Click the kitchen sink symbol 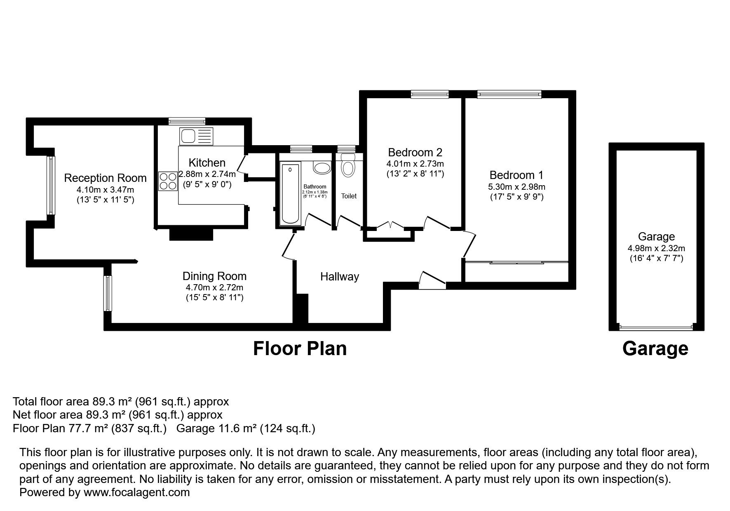click(196, 136)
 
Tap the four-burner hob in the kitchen click(168, 181)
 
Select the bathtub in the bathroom click(290, 193)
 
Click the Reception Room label click(105, 178)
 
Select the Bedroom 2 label click(415, 152)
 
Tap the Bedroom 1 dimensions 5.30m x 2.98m click(516, 187)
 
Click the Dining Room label click(214, 276)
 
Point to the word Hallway click(340, 277)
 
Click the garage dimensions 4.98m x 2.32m click(656, 248)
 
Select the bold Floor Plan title click(300, 349)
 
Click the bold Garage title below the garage click(655, 349)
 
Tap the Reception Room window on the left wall click(51, 185)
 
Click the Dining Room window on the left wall click(108, 293)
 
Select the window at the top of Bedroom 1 click(509, 94)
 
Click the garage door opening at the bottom click(656, 327)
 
